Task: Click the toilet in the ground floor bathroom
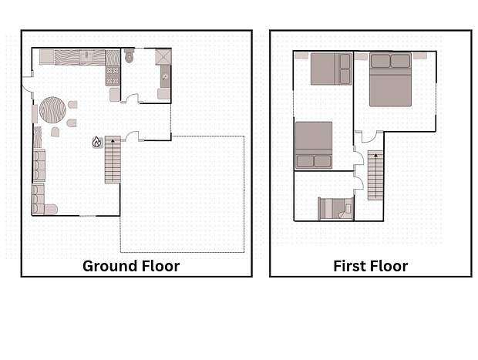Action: [x=130, y=56]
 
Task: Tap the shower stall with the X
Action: [x=163, y=57]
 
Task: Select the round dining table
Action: [x=52, y=109]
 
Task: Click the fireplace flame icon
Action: [x=97, y=142]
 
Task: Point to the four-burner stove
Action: [x=113, y=76]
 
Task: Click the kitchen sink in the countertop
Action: [x=86, y=57]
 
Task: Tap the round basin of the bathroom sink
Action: [x=165, y=76]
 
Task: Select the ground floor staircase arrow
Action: [x=113, y=160]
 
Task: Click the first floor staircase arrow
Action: [x=376, y=176]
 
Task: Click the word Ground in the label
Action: [x=106, y=266]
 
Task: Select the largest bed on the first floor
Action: [x=390, y=79]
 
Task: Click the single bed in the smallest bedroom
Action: [x=335, y=208]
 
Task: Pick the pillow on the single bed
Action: [x=348, y=208]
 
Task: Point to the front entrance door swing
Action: [x=26, y=84]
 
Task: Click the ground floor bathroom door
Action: [x=133, y=98]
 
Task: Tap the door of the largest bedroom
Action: [x=369, y=137]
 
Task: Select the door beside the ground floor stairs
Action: [x=132, y=136]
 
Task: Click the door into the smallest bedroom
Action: [x=358, y=183]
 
